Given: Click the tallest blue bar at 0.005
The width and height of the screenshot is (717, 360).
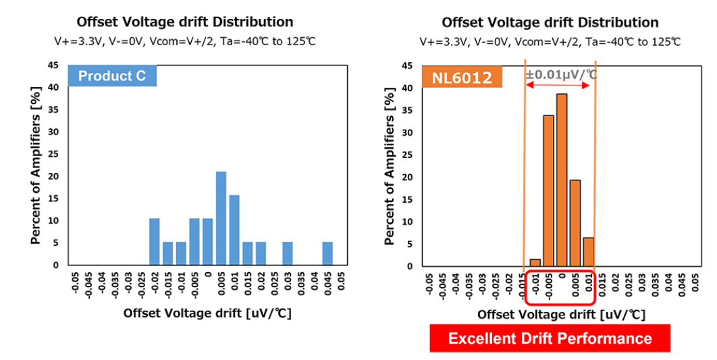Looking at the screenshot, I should (221, 218).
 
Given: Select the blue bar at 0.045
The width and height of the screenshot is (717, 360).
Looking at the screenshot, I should (327, 254).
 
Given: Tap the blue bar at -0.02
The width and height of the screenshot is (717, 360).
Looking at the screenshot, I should (154, 242).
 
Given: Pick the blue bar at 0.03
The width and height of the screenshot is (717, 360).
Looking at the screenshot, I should (288, 254).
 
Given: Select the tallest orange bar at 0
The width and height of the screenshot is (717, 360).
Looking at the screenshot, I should (562, 180).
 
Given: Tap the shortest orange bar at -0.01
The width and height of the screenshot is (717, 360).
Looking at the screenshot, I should (535, 263).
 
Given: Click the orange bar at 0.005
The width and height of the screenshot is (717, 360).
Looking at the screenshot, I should (575, 223).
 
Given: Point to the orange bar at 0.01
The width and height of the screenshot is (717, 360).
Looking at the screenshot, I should (588, 252).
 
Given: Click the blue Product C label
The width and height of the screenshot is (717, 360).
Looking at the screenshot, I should (112, 76).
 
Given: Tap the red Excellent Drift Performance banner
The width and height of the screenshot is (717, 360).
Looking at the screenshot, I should (550, 338).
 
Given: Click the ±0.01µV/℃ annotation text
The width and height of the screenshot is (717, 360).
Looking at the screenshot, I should (561, 74).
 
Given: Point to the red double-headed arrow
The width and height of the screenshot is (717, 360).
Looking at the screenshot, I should (558, 85).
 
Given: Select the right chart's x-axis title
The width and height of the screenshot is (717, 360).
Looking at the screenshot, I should (561, 315).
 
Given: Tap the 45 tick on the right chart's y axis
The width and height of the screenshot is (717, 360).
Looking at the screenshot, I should (407, 66).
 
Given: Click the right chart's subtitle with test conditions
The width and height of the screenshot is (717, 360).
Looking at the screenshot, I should (550, 42).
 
